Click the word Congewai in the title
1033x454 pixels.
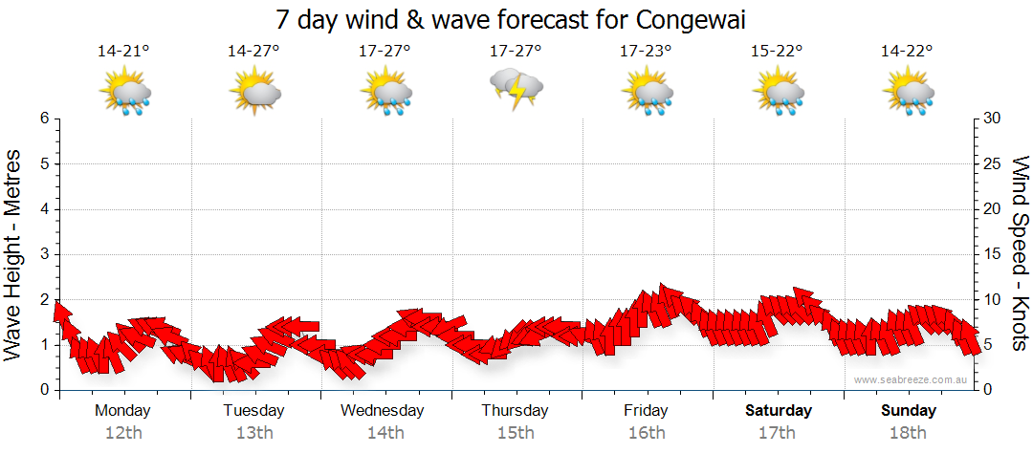coord(690,19)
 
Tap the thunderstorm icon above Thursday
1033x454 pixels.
coord(516,90)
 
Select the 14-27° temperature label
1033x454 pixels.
coord(253,51)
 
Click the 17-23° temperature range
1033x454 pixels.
coord(646,51)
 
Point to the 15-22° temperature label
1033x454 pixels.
coord(777,51)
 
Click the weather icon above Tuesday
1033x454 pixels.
coord(254,93)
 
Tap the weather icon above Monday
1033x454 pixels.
coord(124,93)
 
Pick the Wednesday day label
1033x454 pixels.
coord(384,410)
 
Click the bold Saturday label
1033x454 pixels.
coord(778,410)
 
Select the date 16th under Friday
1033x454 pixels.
coord(647,432)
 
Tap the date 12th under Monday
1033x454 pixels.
coord(123,432)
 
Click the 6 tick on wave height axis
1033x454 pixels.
coord(43,119)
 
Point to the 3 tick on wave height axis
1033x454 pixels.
coord(43,254)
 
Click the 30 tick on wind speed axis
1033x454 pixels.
coord(994,119)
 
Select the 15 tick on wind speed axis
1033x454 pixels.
coord(994,254)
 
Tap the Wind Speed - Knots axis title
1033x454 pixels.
coord(1020,253)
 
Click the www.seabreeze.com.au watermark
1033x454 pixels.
coord(912,379)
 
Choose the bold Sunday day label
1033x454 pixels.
coord(908,410)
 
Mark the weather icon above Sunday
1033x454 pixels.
coord(908,93)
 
